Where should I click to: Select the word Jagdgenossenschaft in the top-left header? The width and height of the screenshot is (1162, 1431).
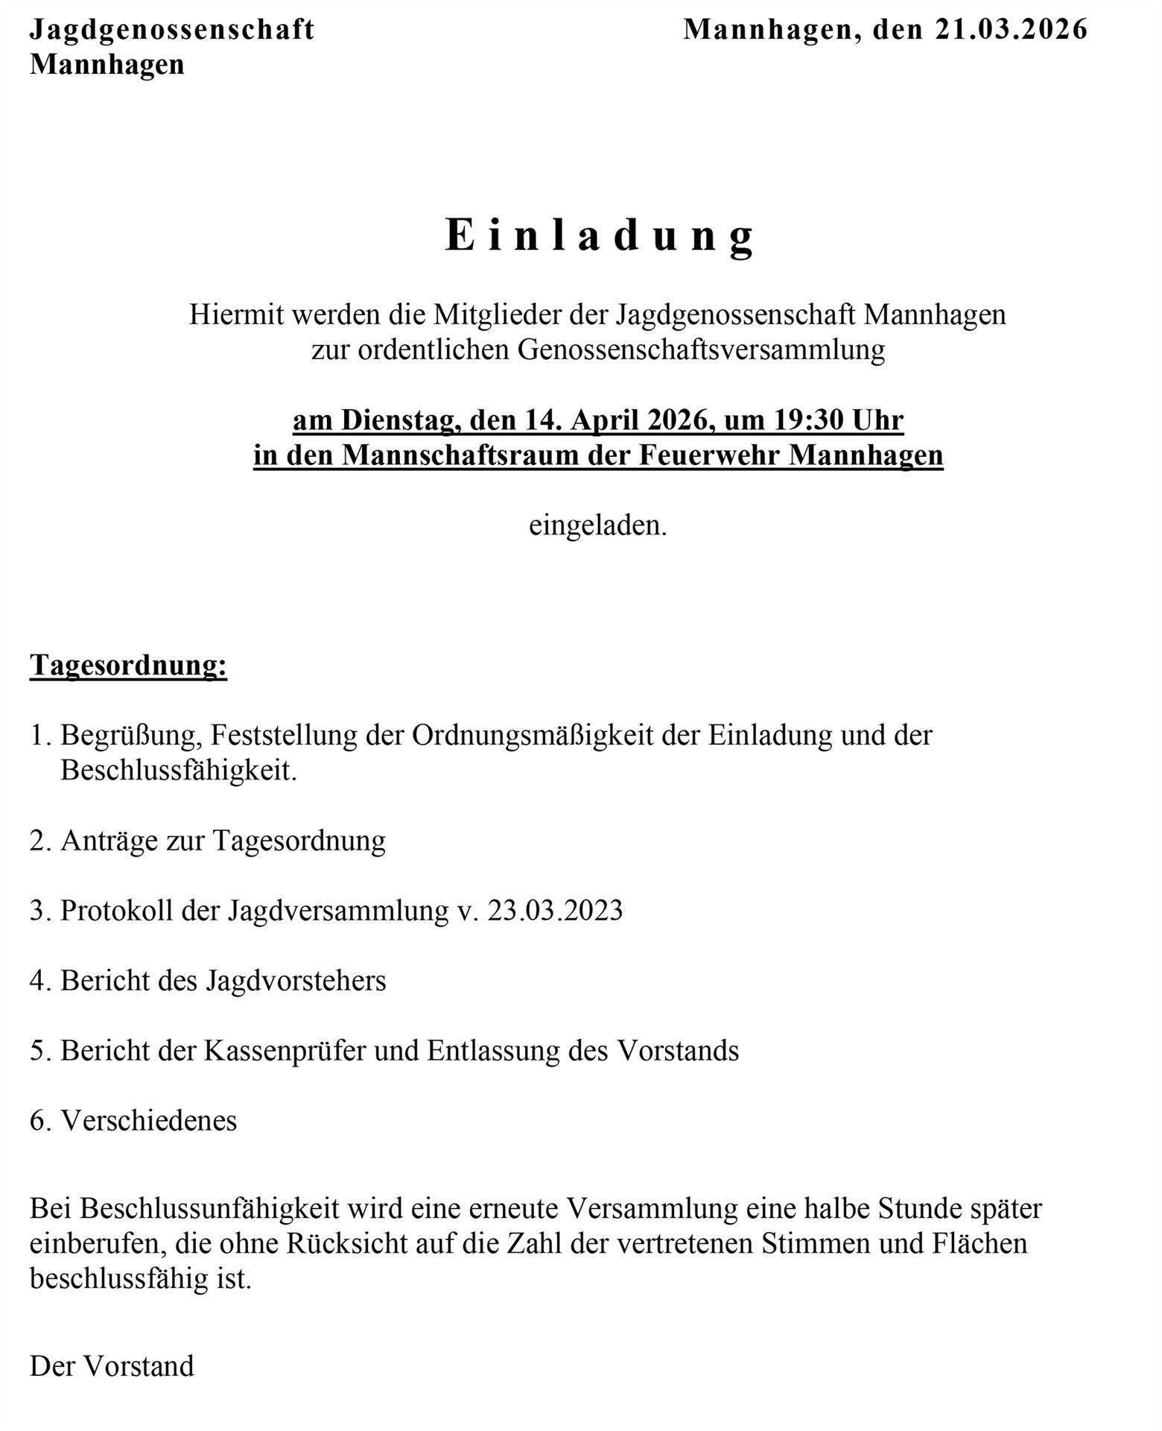coord(172,30)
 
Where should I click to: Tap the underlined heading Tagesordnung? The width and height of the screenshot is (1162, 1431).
coord(128,665)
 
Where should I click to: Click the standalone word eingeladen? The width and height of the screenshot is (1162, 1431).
coord(597,525)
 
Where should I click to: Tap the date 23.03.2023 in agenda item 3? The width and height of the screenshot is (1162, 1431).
coord(555,911)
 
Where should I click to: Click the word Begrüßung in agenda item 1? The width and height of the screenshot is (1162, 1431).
coord(131,736)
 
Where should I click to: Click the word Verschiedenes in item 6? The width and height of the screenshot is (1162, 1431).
coord(149,1121)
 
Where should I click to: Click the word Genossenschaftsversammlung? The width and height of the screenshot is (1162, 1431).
coord(701,350)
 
